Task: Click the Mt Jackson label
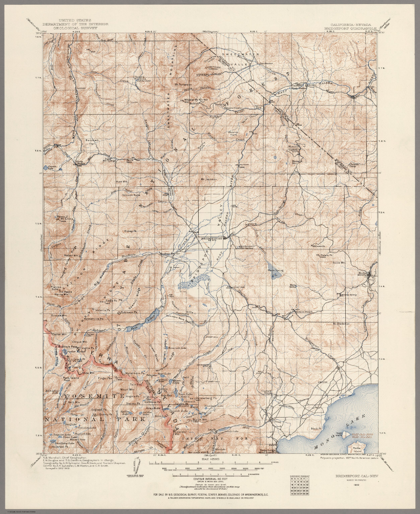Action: coord(209,179)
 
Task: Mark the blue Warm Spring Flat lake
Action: coord(274,276)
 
